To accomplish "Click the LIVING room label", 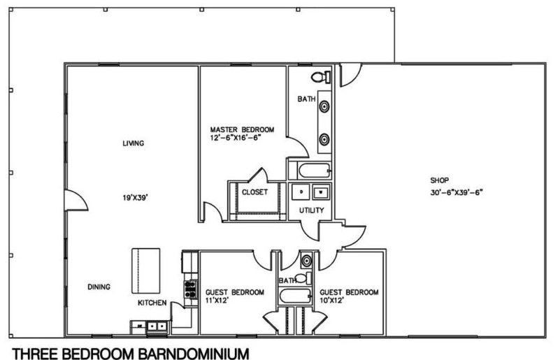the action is pos(134,143).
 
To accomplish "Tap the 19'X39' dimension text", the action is pos(136,198).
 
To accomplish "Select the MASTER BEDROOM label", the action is pos(242,129).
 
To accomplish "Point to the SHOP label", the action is pos(439,180).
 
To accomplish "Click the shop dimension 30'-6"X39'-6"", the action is pos(457,192).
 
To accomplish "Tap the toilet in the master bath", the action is pos(321,77).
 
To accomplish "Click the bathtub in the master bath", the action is pos(315,171).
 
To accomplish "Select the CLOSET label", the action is pos(254,192).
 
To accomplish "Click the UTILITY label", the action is pos(311,210).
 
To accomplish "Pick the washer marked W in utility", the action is pos(321,192).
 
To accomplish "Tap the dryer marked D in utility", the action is pos(301,192).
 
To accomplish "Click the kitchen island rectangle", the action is pos(145,271).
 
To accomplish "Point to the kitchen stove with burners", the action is pos(191,289).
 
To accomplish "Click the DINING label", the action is pos(99,287).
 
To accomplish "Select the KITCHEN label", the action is pos(152,303).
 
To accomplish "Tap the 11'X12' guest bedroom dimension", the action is pos(217,301).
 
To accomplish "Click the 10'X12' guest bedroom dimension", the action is pos(331,301).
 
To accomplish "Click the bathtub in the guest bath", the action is pos(295,296).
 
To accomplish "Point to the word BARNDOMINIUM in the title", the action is pos(193,354).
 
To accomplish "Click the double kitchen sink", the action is pos(157,326).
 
